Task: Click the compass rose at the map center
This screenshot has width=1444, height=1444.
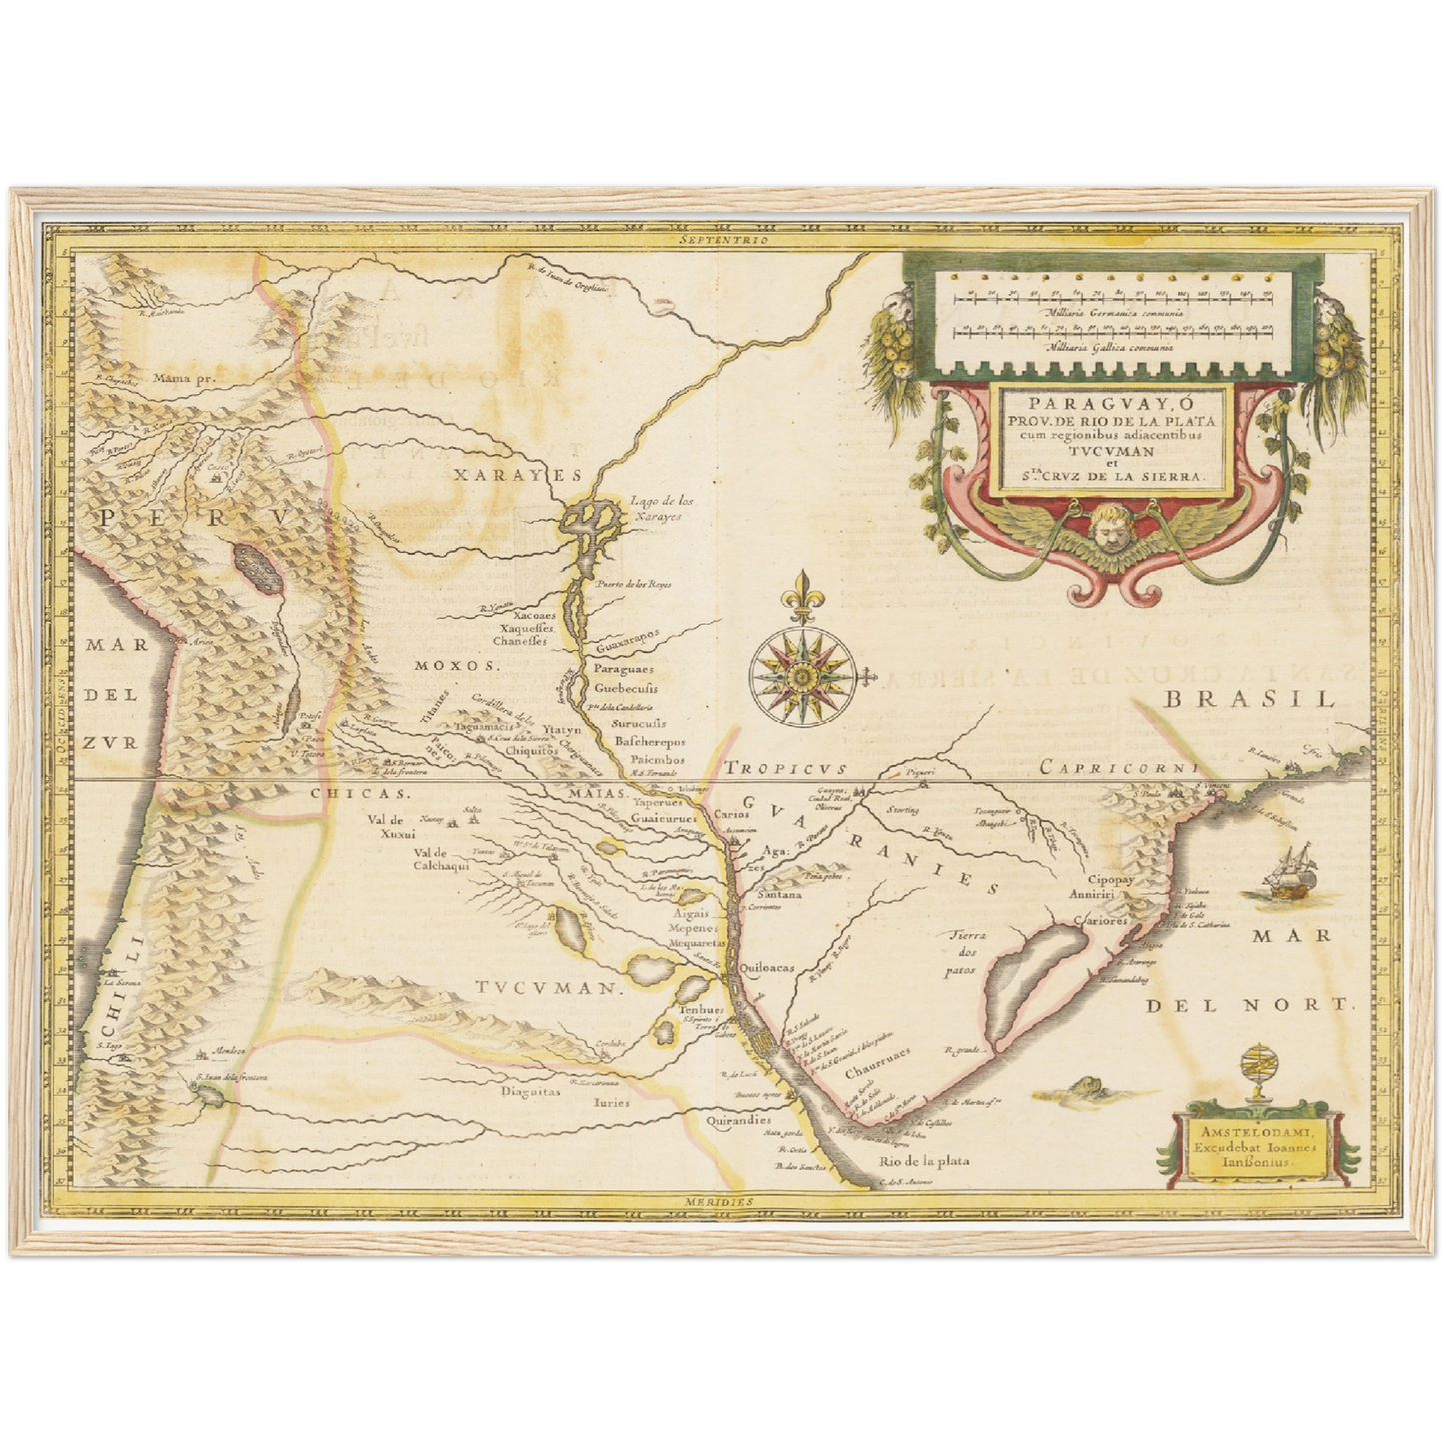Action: [x=801, y=678]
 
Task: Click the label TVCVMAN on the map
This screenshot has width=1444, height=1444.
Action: [x=544, y=988]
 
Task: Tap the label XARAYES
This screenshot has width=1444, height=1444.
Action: [x=504, y=475]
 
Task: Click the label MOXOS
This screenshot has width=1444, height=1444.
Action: [x=458, y=665]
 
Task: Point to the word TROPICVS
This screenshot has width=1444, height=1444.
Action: [x=786, y=768]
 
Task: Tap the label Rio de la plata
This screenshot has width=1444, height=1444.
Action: [x=924, y=1161]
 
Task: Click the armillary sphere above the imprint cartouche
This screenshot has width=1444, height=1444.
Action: [x=1255, y=1072]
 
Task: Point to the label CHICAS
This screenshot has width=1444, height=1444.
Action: [x=345, y=793]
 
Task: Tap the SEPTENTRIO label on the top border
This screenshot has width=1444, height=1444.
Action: [x=722, y=241]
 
